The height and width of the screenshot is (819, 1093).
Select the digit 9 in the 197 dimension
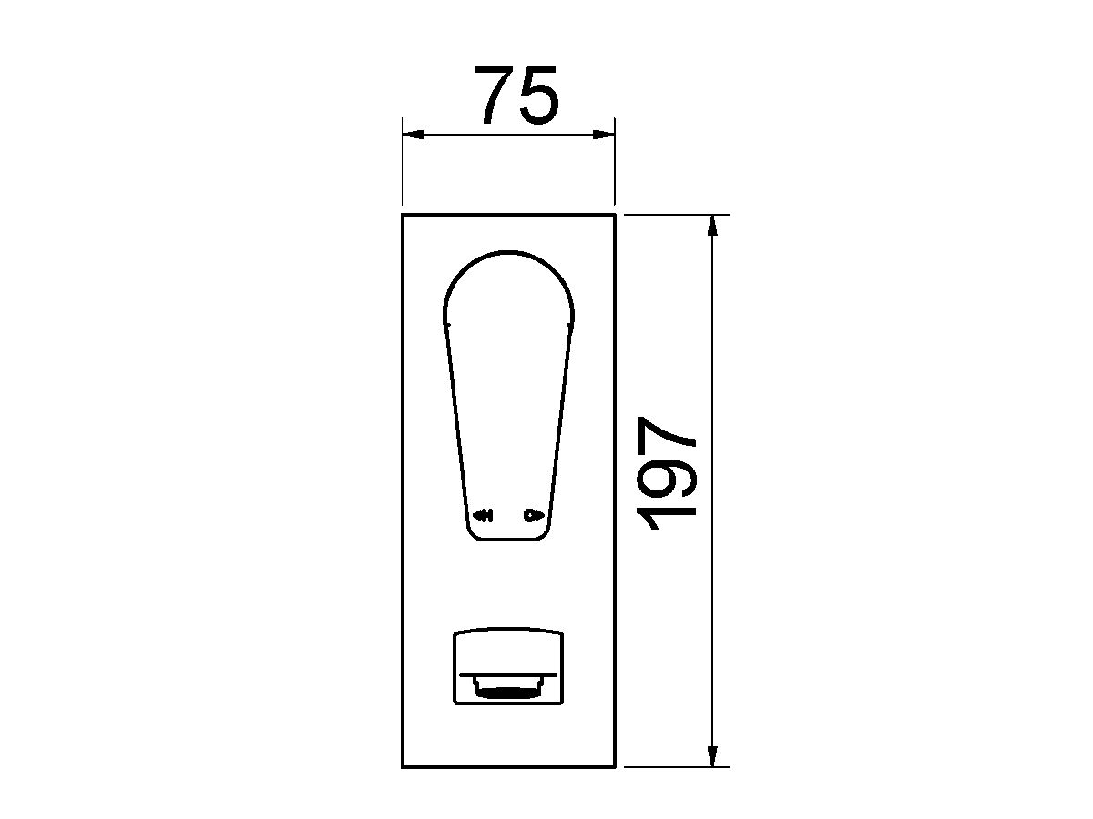[669, 476]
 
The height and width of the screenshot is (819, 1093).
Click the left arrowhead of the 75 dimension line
[413, 135]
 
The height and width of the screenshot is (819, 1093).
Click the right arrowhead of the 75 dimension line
[604, 135]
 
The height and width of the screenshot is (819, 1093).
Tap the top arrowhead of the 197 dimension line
[712, 226]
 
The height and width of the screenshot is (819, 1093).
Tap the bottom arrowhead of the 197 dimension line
[712, 756]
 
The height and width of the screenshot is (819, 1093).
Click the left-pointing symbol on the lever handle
[482, 516]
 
